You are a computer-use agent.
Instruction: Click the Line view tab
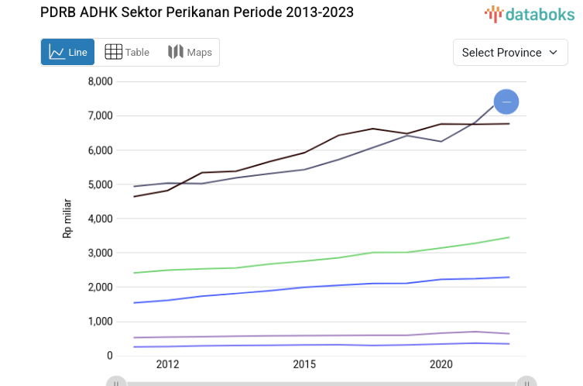click(x=67, y=52)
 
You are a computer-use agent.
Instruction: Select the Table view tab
click(x=127, y=52)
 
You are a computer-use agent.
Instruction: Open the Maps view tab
click(x=190, y=52)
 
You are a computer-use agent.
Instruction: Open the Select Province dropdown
click(x=509, y=53)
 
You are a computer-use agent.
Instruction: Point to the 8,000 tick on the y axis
click(x=100, y=81)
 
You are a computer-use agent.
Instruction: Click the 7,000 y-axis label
click(x=100, y=115)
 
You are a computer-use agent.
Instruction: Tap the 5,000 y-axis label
click(x=100, y=184)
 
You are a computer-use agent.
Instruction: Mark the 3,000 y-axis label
click(x=100, y=253)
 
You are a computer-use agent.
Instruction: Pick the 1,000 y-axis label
click(x=100, y=322)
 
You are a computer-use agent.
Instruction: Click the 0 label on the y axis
click(x=109, y=356)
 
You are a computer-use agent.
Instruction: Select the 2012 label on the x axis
click(x=168, y=364)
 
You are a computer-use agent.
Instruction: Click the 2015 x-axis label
click(x=304, y=364)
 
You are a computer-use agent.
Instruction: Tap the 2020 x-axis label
click(x=441, y=364)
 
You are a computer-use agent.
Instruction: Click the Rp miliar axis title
click(x=67, y=219)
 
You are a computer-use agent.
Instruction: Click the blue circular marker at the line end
click(x=506, y=102)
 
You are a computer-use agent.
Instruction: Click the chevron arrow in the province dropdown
click(x=553, y=53)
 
